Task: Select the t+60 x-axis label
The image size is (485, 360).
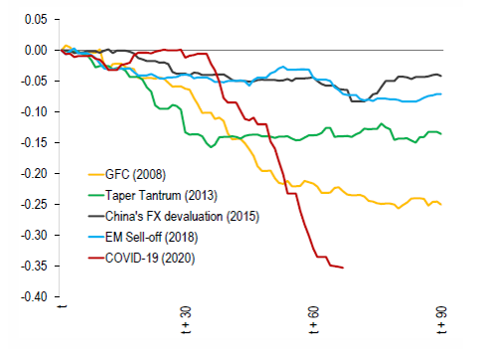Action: click(x=314, y=321)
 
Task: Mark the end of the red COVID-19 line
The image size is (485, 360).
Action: click(x=343, y=268)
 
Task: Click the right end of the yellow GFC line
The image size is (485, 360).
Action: click(x=441, y=204)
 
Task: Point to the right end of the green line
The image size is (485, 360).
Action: click(x=441, y=133)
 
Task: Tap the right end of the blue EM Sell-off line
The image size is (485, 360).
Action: click(x=441, y=93)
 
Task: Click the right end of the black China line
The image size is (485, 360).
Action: click(x=441, y=77)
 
